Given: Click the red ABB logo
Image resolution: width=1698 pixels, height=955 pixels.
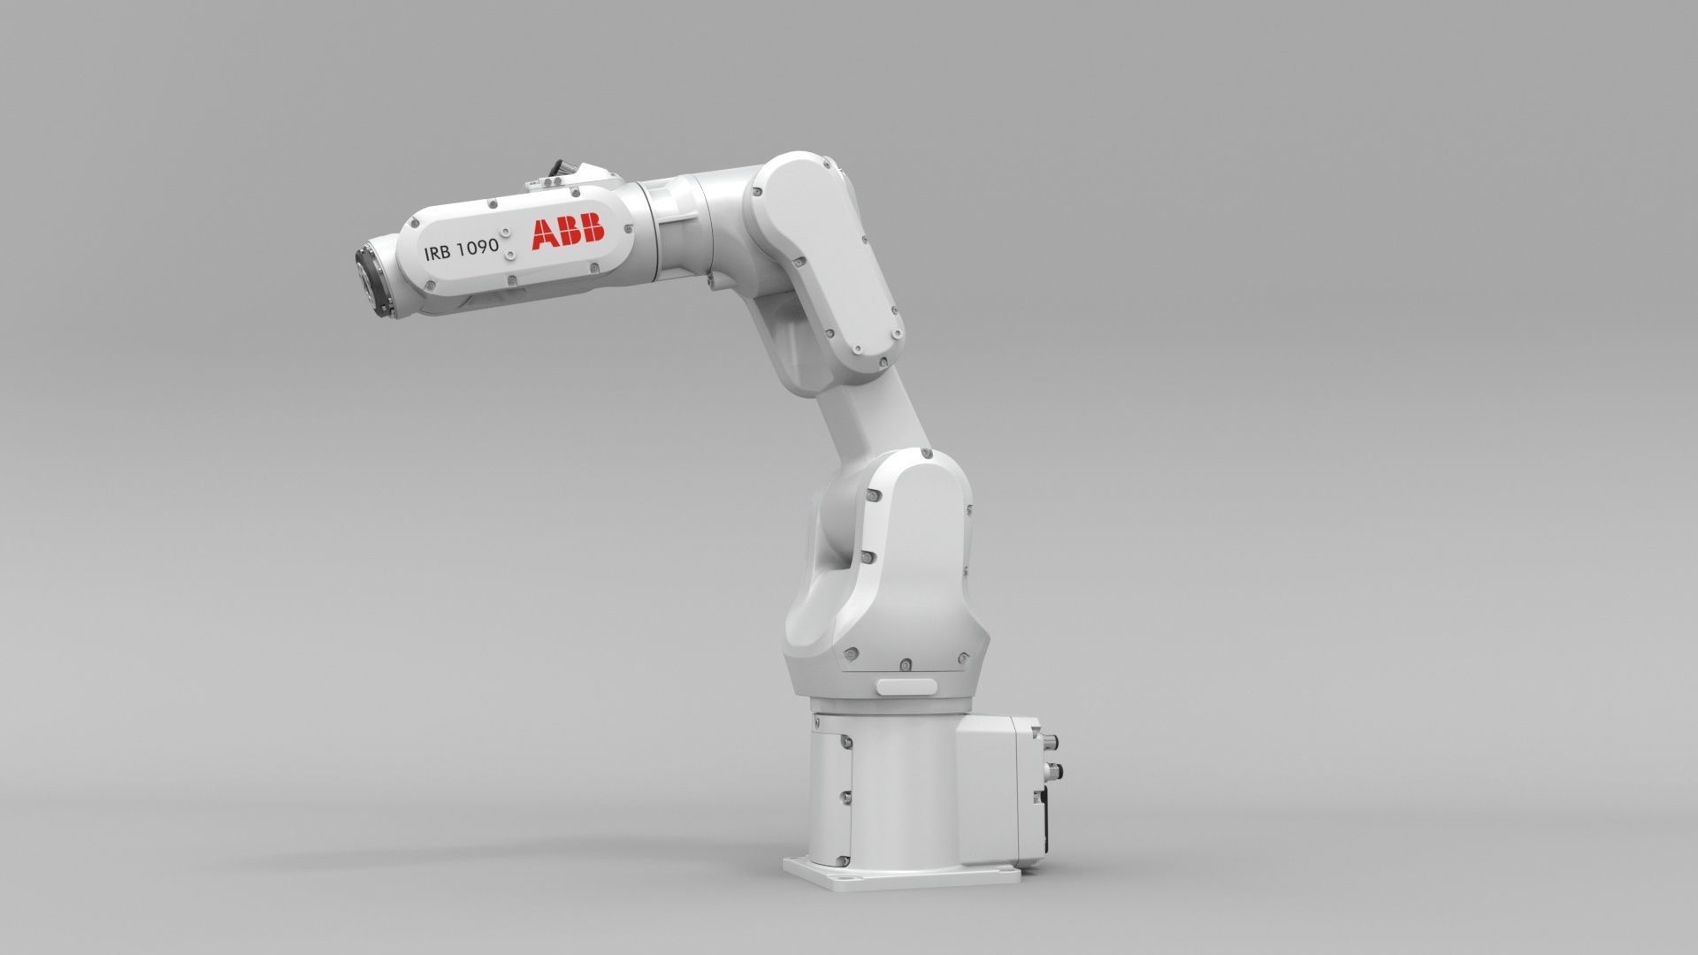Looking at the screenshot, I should point(567,233).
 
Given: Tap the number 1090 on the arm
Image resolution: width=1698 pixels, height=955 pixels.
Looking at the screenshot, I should point(478,248).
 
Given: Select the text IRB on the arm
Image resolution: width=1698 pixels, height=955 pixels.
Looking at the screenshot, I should point(437,252).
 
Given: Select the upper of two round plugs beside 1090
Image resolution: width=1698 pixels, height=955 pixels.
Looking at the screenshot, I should point(510,235).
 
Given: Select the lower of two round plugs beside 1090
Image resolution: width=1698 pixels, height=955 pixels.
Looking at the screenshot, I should point(510,254).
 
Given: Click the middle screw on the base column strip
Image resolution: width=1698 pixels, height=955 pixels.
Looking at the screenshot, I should point(846,794).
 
